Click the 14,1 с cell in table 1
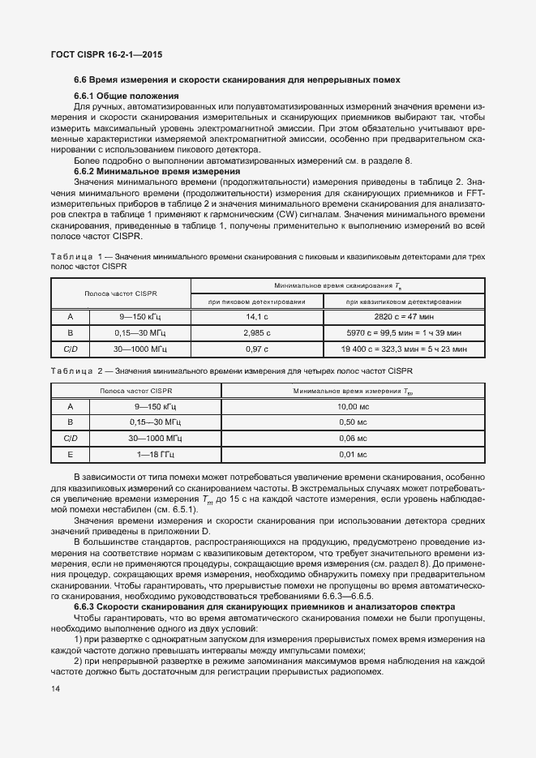coord(256,317)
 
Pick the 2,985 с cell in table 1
coord(256,333)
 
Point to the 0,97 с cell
coord(256,349)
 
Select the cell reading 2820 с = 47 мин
coord(403,317)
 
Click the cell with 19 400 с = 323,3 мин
coord(403,349)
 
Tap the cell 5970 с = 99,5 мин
coord(403,333)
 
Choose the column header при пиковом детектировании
coord(256,302)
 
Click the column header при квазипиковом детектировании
coord(403,302)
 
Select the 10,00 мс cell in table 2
coord(352,406)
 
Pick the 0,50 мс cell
coord(352,422)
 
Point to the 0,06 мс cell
coord(352,439)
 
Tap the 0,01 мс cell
coord(352,455)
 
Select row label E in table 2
coord(70,455)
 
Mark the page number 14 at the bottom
coord(55,689)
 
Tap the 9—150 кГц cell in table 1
coord(139,317)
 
